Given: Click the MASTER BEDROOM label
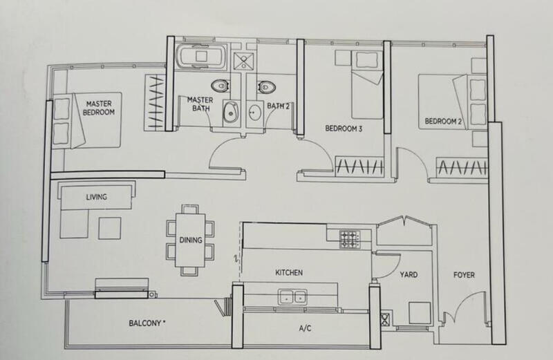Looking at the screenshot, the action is tap(99, 108).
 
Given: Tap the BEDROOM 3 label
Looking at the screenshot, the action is tap(344, 129).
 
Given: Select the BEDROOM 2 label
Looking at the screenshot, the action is tap(443, 122).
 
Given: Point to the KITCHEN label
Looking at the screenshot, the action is tap(289, 272).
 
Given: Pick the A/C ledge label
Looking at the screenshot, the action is tap(305, 328).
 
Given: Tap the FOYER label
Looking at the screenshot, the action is tap(464, 275).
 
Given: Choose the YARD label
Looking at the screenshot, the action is tap(409, 274).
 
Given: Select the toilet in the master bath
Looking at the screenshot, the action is tap(221, 86).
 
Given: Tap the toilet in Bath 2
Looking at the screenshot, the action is tap(266, 87).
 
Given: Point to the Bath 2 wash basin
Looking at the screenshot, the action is tap(254, 113).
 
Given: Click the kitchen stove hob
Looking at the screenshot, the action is tap(350, 238).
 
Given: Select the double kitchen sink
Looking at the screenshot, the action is tap(292, 297).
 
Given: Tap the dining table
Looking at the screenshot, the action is tap(191, 240).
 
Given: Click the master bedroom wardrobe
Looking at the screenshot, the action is tap(155, 102).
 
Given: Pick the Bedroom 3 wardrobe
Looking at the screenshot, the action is tap(359, 166).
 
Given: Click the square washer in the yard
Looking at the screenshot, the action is tap(420, 313).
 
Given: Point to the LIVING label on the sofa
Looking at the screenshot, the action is tap(96, 197).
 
